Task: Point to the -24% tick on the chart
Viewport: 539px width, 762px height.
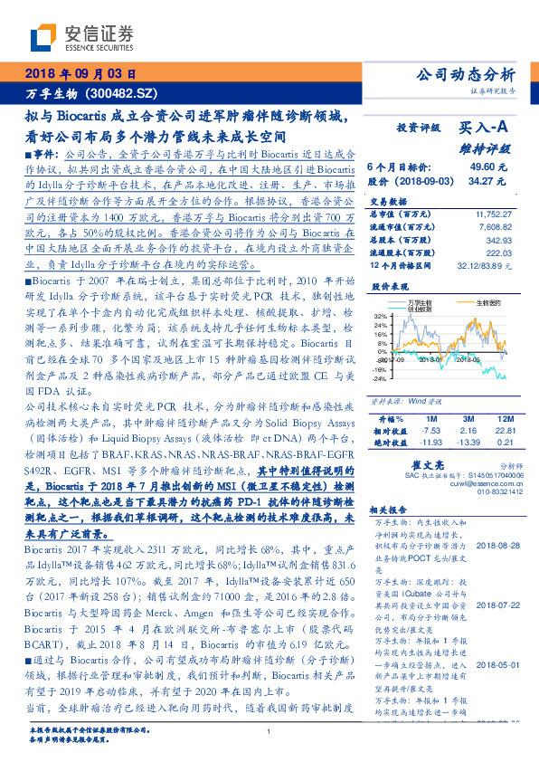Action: (379, 379)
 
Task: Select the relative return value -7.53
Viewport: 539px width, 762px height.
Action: (430, 432)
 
